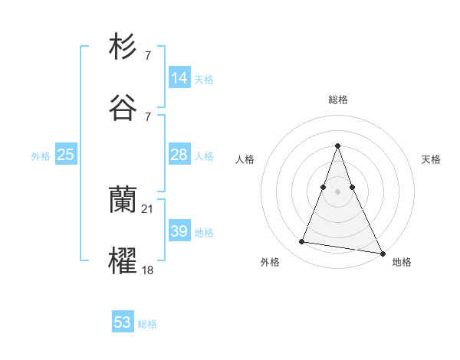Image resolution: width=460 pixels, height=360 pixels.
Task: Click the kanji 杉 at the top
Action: [123, 47]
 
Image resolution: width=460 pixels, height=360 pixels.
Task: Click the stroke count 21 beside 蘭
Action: [148, 209]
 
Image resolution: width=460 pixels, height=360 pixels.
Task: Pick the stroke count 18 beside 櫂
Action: [148, 270]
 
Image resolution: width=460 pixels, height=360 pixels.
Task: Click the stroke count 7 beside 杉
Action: [148, 56]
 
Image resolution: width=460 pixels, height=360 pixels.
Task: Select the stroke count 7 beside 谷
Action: [148, 116]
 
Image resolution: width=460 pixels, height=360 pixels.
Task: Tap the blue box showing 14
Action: [179, 78]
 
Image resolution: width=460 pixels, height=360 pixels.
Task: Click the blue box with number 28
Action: [179, 155]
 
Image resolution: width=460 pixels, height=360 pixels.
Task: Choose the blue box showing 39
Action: [179, 231]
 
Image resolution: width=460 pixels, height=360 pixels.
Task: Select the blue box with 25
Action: [66, 155]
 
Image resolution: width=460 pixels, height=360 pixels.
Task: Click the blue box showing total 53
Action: [123, 322]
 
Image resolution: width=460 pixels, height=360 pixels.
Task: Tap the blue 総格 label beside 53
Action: [147, 324]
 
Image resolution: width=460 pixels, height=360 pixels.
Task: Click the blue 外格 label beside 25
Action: [41, 156]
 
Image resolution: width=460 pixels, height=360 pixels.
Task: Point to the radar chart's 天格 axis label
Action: [431, 159]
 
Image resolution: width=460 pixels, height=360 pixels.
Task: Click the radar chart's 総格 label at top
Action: [338, 100]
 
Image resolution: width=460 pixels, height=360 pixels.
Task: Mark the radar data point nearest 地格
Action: [381, 252]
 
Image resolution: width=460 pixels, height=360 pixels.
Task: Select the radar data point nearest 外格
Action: [302, 242]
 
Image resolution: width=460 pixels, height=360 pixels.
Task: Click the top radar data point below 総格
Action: [337, 146]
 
